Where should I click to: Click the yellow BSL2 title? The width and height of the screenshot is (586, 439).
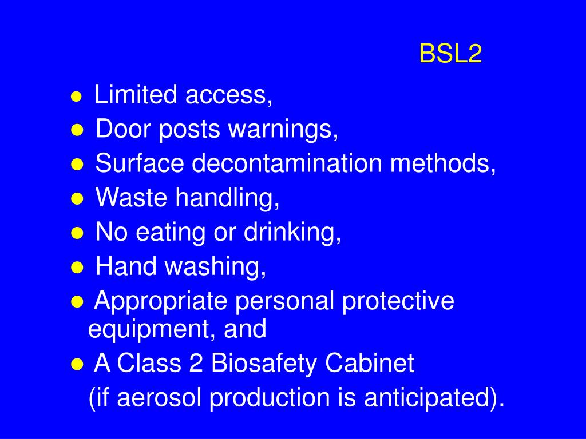click(x=451, y=55)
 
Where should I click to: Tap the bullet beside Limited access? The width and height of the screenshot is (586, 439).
click(x=76, y=98)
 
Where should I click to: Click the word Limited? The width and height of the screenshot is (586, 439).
click(x=136, y=95)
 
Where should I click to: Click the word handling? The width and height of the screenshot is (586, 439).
click(x=228, y=199)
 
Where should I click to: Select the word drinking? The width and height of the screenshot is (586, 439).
click(x=293, y=233)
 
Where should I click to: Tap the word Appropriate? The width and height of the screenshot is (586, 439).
click(x=162, y=302)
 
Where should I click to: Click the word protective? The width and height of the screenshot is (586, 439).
click(x=398, y=301)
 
